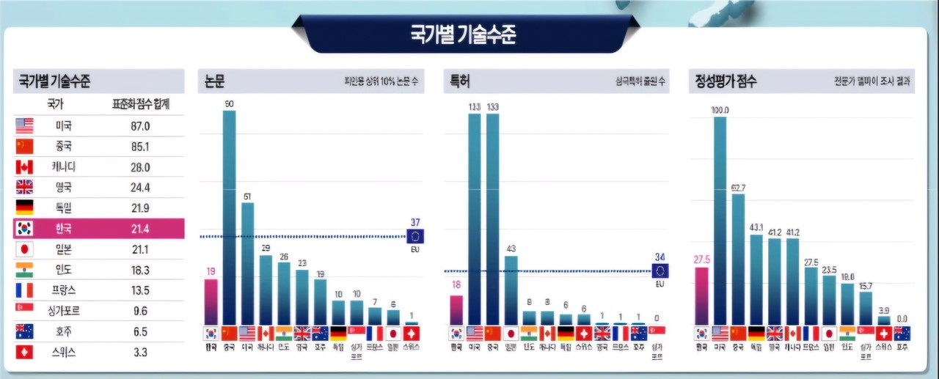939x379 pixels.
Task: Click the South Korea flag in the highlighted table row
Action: (24, 229)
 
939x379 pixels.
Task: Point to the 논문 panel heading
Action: (216, 82)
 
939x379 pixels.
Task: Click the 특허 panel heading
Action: (461, 82)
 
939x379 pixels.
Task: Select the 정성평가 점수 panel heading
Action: (726, 82)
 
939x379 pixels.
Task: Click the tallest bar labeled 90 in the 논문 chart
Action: (229, 216)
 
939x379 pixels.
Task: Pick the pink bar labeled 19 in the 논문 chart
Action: (211, 301)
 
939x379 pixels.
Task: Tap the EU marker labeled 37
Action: (415, 236)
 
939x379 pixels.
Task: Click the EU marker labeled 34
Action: (660, 271)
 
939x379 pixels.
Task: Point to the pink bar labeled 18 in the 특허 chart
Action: (456, 309)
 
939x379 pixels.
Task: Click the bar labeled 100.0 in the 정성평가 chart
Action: (720, 220)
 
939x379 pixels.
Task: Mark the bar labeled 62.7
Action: (738, 258)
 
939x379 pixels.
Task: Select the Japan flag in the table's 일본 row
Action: (24, 249)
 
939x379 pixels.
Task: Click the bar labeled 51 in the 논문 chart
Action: (247, 262)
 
